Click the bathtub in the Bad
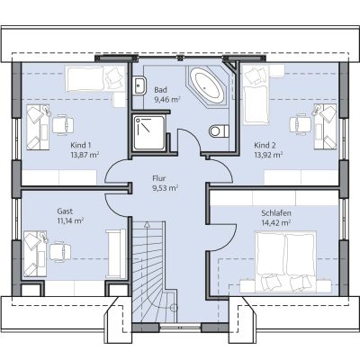(x=206, y=85)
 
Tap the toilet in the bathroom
(x=219, y=130)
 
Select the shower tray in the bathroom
(x=149, y=132)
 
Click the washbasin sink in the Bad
(x=139, y=85)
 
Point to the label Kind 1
(x=81, y=145)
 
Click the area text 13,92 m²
(x=268, y=155)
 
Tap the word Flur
(x=158, y=178)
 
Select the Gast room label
(x=65, y=211)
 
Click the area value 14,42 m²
(x=275, y=222)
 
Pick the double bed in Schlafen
(x=286, y=261)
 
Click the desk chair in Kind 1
(x=63, y=125)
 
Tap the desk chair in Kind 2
(x=301, y=123)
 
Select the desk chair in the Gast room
(x=60, y=251)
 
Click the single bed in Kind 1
(x=94, y=78)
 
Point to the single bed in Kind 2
(x=256, y=95)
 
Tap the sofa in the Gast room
(x=116, y=254)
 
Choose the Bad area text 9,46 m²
(x=167, y=100)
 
